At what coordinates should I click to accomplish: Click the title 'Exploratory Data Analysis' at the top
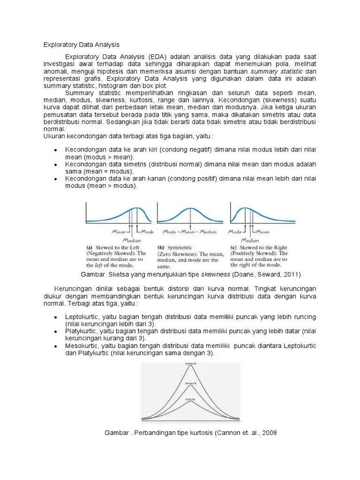click(82, 45)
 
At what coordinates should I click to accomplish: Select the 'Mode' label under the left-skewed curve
click(147, 232)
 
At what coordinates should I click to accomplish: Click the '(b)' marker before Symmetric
click(161, 247)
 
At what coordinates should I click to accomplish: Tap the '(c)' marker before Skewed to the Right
click(233, 247)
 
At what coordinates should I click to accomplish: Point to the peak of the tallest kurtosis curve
click(190, 366)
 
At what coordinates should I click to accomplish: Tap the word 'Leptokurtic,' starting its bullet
click(82, 317)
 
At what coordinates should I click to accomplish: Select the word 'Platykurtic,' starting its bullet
click(82, 331)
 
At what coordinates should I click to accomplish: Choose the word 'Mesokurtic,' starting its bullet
click(82, 346)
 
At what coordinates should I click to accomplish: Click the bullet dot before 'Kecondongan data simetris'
click(55, 165)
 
